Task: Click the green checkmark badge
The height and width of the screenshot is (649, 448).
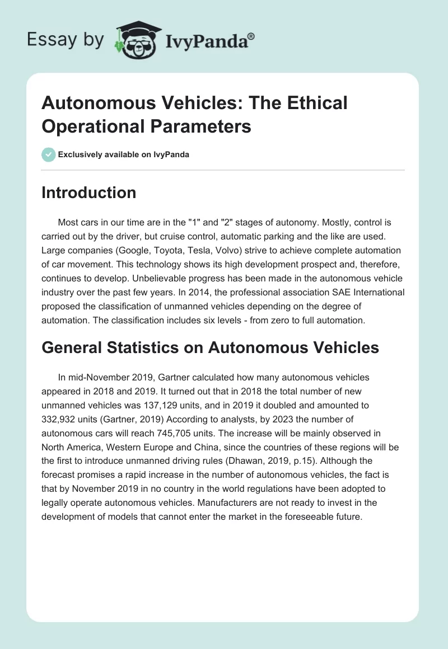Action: tap(49, 154)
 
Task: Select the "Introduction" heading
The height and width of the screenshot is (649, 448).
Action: tap(89, 192)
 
